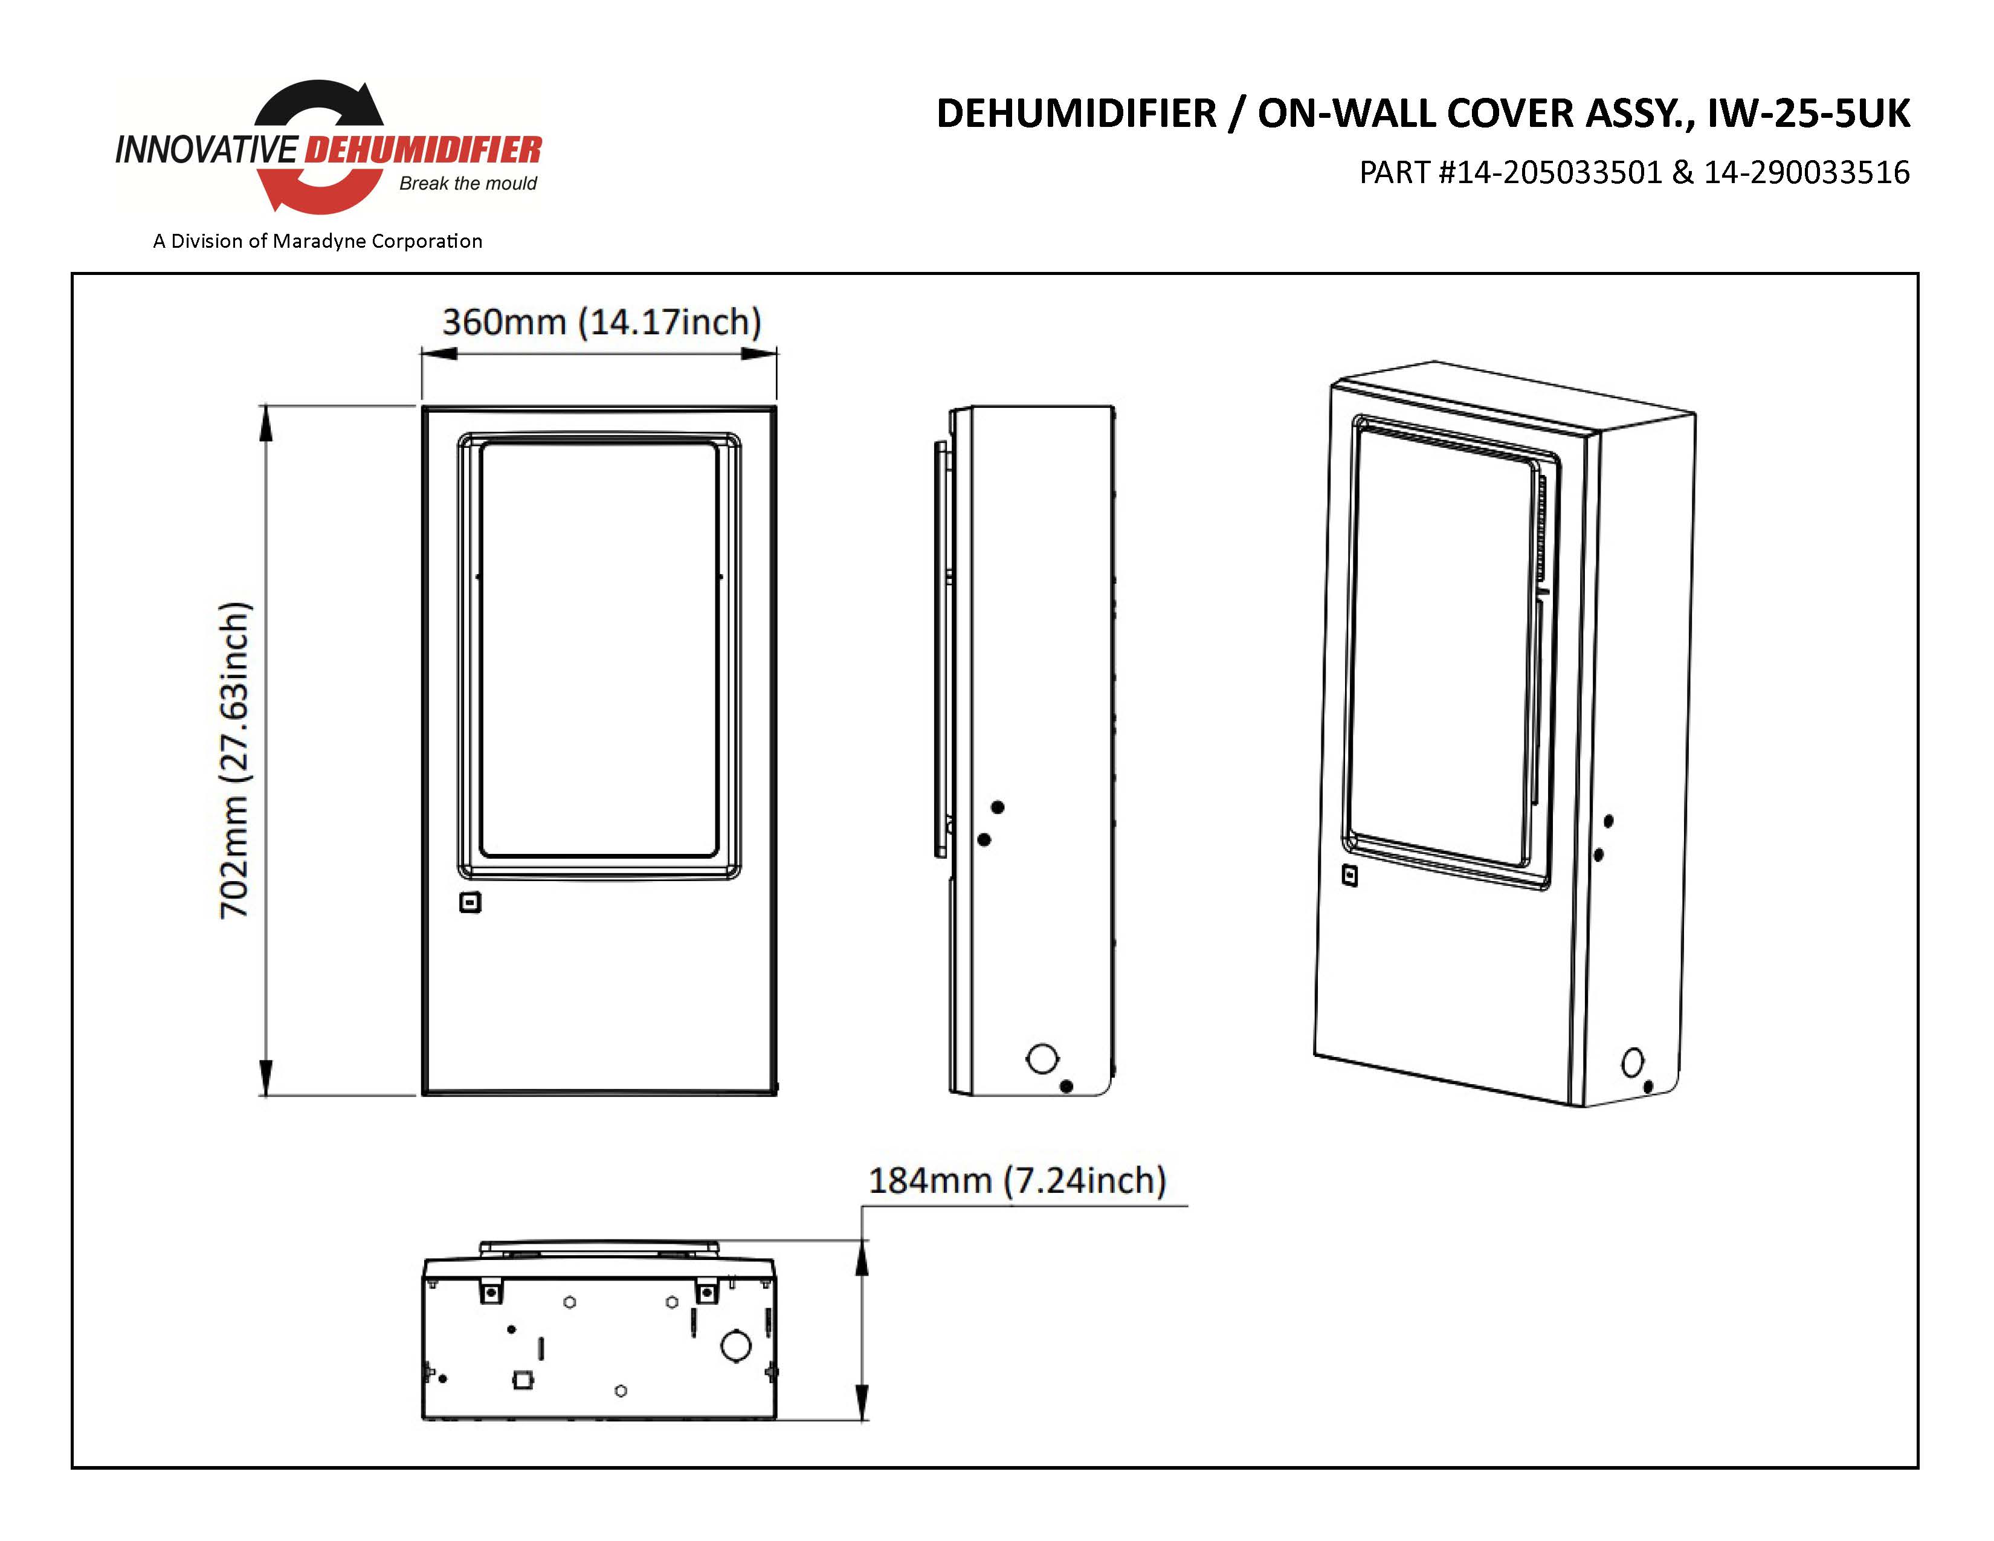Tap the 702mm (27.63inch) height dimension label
click(x=234, y=760)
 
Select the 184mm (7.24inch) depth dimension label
click(x=1017, y=1180)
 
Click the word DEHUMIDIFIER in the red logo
click(x=423, y=150)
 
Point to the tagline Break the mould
click(x=468, y=184)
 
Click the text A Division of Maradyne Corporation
click(x=318, y=241)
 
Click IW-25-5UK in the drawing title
click(x=1808, y=113)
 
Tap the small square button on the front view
click(x=470, y=903)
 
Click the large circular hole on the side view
click(x=1042, y=1059)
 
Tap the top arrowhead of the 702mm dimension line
click(x=266, y=422)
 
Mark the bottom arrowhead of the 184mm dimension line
click(x=861, y=1402)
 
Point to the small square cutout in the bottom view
click(x=522, y=1380)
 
